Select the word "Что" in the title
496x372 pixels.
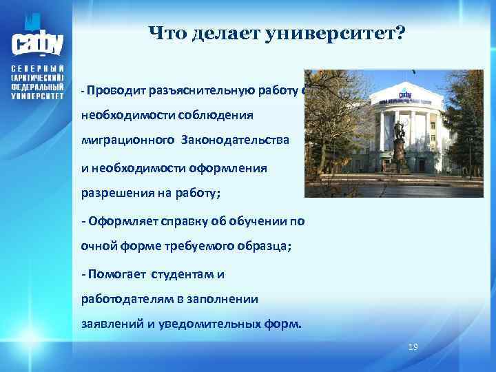tap(165, 33)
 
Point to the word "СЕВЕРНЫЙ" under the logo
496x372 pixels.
tap(38, 70)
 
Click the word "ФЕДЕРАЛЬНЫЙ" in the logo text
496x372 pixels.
tap(38, 87)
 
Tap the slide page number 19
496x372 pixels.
tap(413, 347)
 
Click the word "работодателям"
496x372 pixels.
tap(130, 299)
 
